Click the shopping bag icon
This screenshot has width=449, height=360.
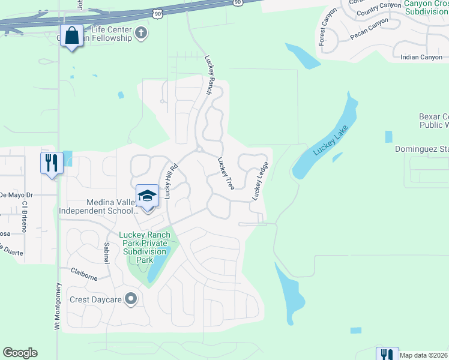[x=72, y=36]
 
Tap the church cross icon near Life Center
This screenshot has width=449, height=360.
[x=142, y=32]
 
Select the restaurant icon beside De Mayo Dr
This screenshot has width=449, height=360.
[x=51, y=162]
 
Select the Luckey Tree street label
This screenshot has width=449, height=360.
[x=226, y=174]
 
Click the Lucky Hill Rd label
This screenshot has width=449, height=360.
[x=171, y=181]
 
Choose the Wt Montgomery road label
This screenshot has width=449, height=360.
[x=58, y=306]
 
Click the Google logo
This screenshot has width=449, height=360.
[x=20, y=353]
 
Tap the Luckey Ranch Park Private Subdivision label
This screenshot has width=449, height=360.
[x=145, y=247]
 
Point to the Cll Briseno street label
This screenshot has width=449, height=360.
[x=25, y=213]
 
